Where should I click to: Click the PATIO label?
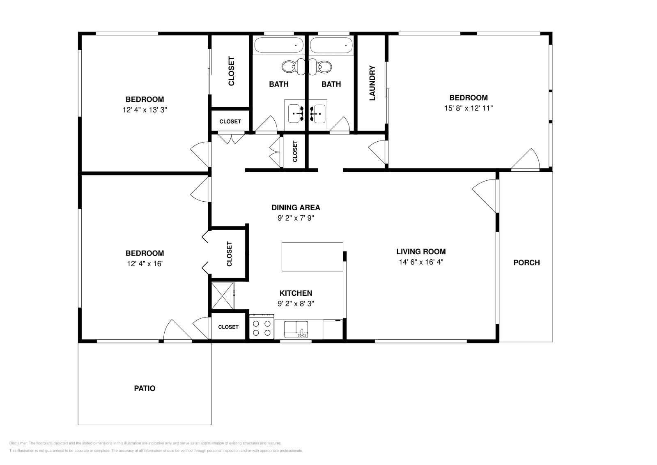[145, 389]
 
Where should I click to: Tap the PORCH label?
[526, 262]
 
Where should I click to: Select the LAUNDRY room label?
[372, 83]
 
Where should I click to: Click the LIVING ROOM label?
[421, 251]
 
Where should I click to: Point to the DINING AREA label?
[296, 208]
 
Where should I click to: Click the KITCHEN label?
[296, 293]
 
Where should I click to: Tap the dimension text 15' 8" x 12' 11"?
[469, 108]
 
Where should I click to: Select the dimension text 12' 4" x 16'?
[145, 264]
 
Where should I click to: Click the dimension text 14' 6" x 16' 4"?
[421, 262]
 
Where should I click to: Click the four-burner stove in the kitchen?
[262, 327]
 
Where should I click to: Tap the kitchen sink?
[296, 329]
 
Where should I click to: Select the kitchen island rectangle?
[312, 257]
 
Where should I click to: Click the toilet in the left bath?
[293, 67]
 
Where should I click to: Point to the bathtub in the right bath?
[331, 45]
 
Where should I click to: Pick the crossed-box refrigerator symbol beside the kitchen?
[223, 296]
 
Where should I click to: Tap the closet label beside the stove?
[228, 327]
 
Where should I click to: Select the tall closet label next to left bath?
[232, 71]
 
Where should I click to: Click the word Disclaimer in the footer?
[18, 443]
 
